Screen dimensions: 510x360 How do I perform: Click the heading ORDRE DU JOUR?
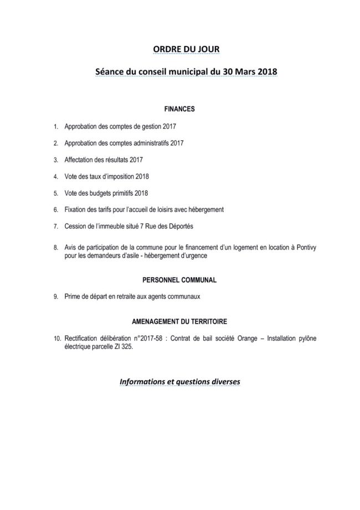point(186,49)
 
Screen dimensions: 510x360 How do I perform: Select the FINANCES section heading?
point(179,109)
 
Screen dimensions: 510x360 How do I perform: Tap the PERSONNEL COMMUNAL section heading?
point(178,280)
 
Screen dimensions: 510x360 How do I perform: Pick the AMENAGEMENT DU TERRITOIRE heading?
point(178,322)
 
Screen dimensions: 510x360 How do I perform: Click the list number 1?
point(55,127)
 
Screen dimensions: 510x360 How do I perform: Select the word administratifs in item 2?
point(150,143)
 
